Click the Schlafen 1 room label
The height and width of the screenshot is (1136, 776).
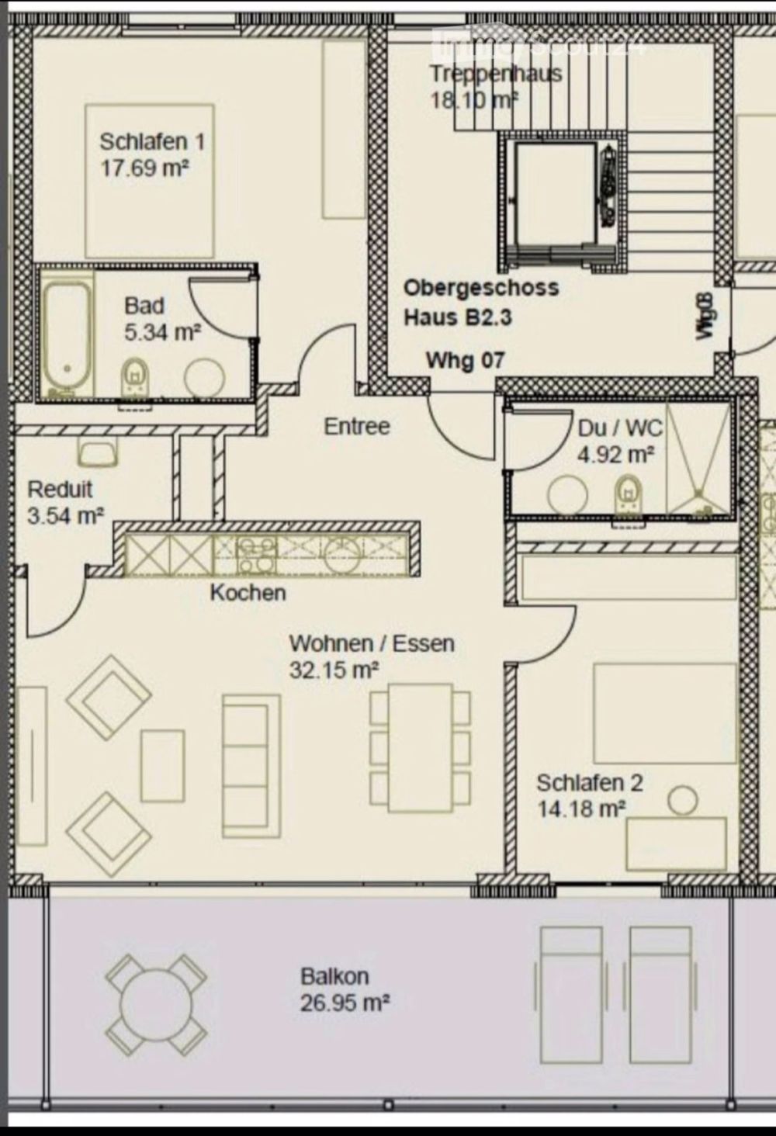pyautogui.click(x=152, y=142)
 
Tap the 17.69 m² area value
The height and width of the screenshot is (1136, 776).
pyautogui.click(x=146, y=168)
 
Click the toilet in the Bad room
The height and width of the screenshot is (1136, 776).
pyautogui.click(x=135, y=376)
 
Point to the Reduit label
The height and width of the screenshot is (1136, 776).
pyautogui.click(x=60, y=490)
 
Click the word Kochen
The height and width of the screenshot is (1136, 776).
pyautogui.click(x=248, y=593)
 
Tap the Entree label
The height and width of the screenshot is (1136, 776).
pyautogui.click(x=356, y=427)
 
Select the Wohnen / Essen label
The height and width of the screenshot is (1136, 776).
pyautogui.click(x=371, y=643)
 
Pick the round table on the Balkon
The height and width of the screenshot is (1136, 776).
pyautogui.click(x=157, y=1002)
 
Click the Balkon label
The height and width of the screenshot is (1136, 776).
pyautogui.click(x=334, y=976)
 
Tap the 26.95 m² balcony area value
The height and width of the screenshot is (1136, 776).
pyautogui.click(x=345, y=1003)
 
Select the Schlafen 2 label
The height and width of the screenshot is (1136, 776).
pyautogui.click(x=590, y=783)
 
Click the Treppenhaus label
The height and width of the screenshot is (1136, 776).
pyautogui.click(x=496, y=74)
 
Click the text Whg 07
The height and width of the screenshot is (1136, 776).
pyautogui.click(x=465, y=360)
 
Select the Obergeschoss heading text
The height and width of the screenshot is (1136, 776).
pyautogui.click(x=480, y=288)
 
